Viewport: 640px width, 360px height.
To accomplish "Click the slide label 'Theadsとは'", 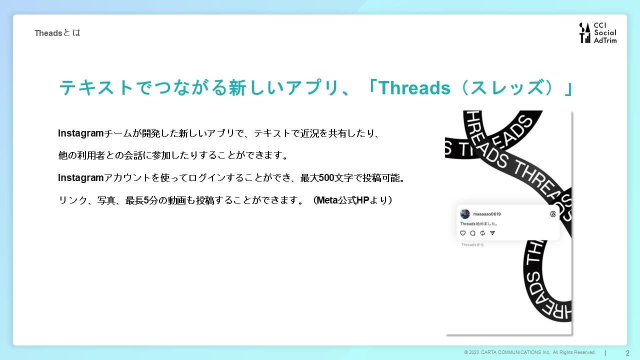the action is (x=57, y=33).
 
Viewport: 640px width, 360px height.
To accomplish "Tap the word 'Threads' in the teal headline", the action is (x=415, y=87).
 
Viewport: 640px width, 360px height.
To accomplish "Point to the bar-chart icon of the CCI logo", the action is (x=585, y=33).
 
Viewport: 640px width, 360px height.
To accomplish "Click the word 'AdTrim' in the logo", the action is (x=605, y=40).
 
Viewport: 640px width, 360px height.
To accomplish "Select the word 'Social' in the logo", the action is (x=605, y=32).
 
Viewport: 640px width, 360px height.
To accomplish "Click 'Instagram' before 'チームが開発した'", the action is (x=80, y=133).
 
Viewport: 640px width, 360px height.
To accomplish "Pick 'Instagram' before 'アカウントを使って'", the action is (x=80, y=178).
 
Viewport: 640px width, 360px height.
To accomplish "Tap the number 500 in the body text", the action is (x=326, y=177).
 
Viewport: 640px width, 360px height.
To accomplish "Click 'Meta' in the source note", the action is (x=327, y=200).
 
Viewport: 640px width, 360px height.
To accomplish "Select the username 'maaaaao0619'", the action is (x=487, y=214).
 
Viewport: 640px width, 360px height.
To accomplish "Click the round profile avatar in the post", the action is (x=465, y=214).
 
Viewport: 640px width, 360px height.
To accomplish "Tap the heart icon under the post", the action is (x=463, y=233).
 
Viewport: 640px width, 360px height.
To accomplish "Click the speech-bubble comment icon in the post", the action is (x=473, y=233).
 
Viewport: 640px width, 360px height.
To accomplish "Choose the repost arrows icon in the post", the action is (x=482, y=233).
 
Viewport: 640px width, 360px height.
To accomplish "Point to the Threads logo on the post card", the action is (x=553, y=214).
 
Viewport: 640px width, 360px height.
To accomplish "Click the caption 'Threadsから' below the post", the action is (x=472, y=245).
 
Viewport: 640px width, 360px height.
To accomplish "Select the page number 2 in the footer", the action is (x=627, y=353).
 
